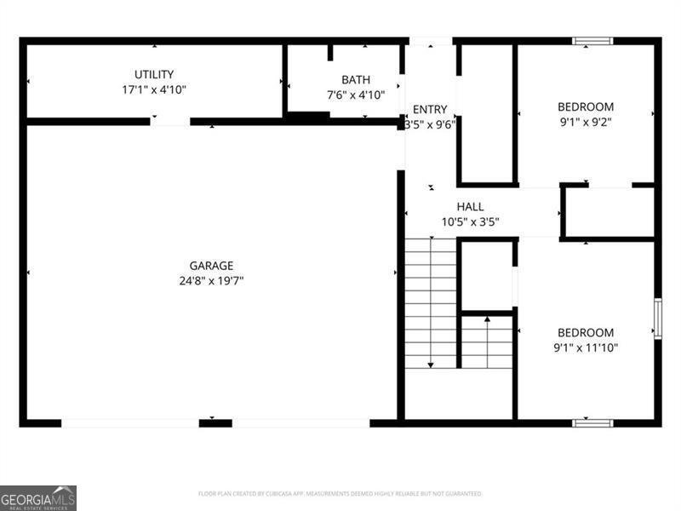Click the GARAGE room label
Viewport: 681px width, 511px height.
click(211, 266)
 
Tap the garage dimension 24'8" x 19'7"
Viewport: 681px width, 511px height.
click(211, 280)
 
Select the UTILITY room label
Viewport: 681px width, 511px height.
click(154, 74)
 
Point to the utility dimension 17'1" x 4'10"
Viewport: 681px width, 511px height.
click(154, 89)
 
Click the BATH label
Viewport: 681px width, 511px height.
click(356, 80)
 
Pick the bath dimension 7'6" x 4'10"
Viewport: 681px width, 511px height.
click(356, 95)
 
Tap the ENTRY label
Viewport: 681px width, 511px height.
click(430, 109)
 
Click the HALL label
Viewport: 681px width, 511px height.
click(470, 207)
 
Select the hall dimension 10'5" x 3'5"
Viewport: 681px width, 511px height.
click(470, 221)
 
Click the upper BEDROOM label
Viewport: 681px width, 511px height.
click(586, 106)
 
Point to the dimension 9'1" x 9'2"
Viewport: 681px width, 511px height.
click(586, 121)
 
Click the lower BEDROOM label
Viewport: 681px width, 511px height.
click(586, 332)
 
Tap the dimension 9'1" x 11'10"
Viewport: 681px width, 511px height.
click(586, 347)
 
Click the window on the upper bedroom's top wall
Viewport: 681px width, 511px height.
click(592, 40)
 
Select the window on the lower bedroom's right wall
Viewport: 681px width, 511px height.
click(657, 319)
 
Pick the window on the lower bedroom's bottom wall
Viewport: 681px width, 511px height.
click(592, 422)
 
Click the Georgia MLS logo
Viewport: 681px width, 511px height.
click(38, 497)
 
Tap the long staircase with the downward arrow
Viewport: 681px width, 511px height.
click(431, 303)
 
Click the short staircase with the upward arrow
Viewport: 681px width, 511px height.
click(487, 342)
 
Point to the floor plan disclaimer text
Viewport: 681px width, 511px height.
click(340, 493)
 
